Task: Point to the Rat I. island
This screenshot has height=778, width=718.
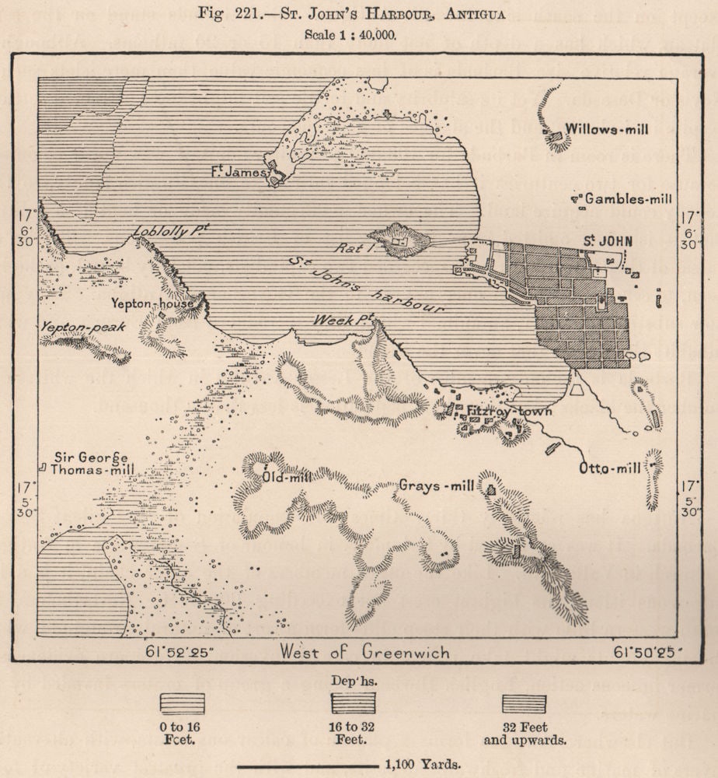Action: [399, 240]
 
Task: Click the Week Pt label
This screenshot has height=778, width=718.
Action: [343, 320]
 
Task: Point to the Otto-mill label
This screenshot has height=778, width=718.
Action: [610, 468]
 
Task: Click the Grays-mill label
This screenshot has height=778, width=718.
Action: [436, 486]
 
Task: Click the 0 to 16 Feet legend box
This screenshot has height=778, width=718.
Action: [183, 703]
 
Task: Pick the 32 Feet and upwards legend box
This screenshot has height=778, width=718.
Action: [524, 703]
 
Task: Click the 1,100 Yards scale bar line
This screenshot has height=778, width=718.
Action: [308, 766]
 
